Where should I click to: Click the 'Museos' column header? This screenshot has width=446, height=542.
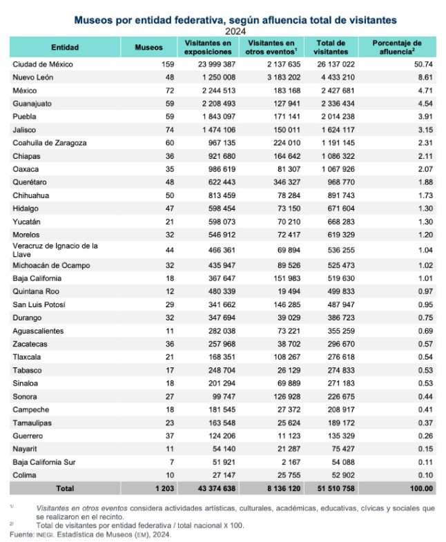pos(148,48)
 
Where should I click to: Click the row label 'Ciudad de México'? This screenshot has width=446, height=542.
pos(43,64)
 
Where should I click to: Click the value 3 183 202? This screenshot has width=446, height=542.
pos(280,77)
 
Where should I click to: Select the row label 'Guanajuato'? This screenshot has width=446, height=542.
pos(33,104)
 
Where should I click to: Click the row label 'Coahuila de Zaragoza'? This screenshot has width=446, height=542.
pos(50,143)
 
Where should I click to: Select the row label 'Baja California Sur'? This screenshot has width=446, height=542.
pos(46,462)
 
